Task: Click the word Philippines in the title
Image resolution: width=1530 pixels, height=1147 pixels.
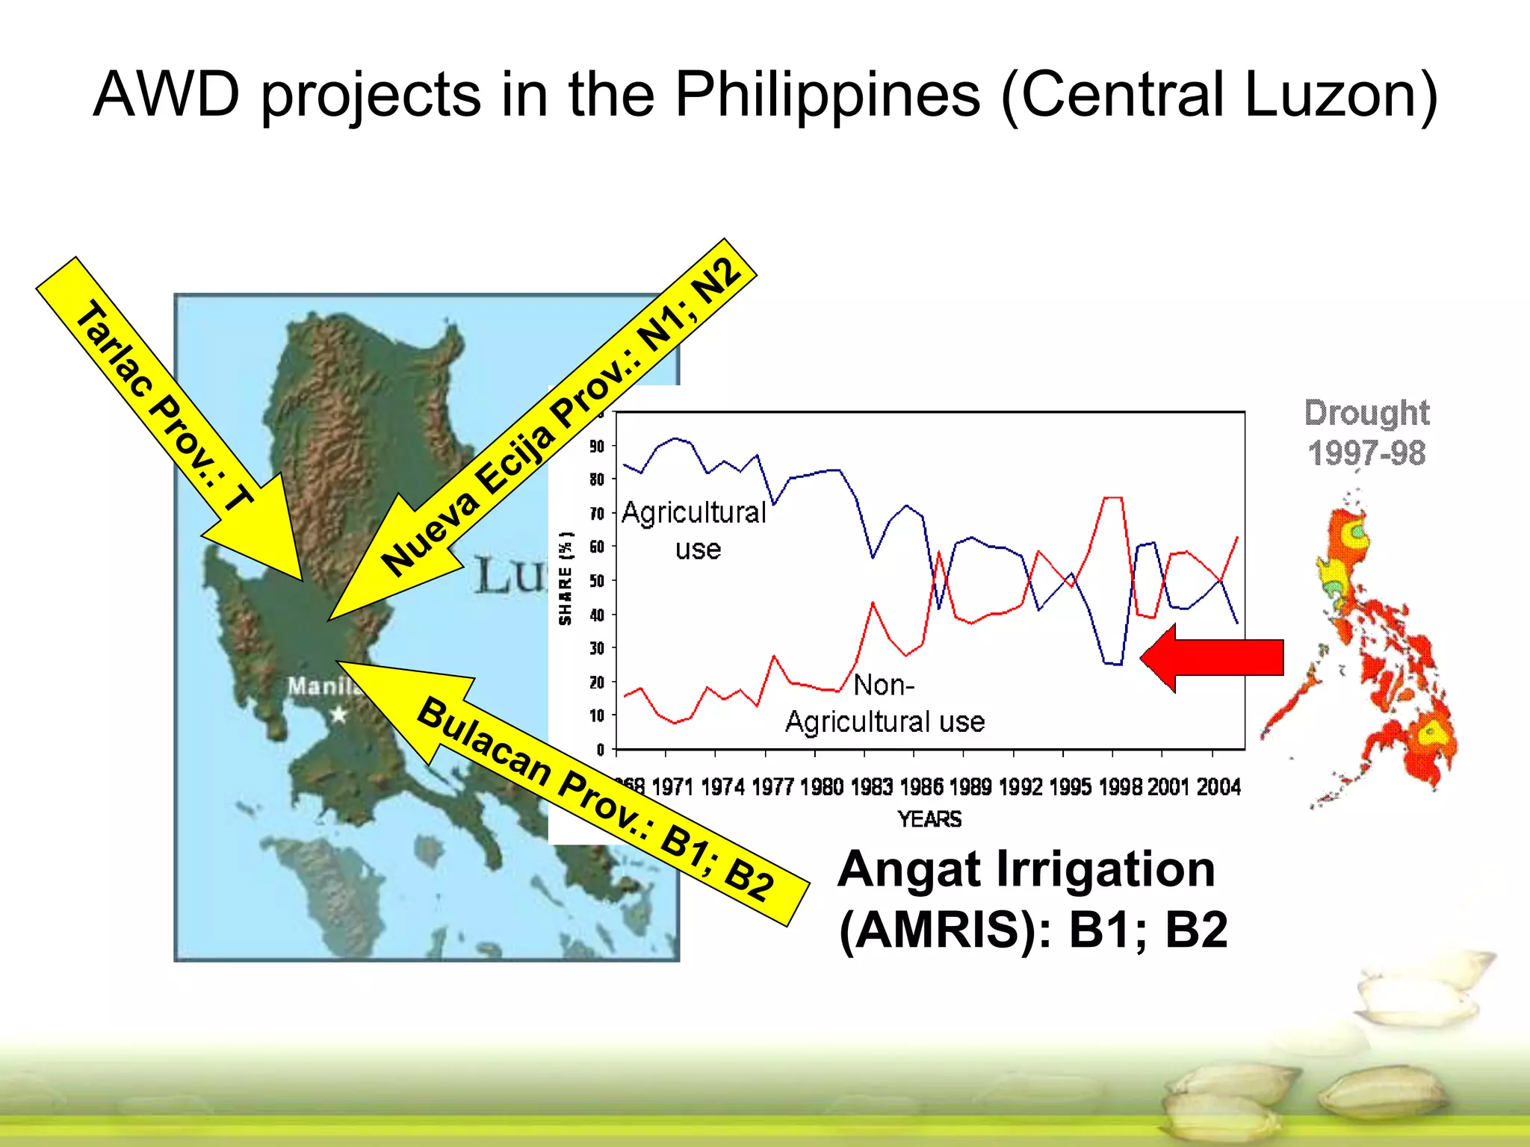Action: point(827,96)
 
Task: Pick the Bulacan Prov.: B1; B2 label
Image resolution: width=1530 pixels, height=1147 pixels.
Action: point(595,799)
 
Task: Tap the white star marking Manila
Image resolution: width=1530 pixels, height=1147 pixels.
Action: point(339,715)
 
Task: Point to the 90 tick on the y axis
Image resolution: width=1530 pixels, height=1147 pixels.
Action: point(597,447)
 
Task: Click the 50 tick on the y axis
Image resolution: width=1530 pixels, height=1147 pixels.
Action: point(597,581)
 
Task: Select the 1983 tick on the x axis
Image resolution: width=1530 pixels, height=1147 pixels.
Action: point(872,787)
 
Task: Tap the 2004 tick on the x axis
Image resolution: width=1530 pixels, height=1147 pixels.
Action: point(1218,787)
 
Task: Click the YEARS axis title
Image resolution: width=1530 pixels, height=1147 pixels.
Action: point(929,820)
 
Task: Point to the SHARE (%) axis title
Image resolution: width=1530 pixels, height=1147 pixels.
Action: point(566,579)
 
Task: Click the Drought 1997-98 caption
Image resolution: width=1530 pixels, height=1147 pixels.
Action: point(1366,433)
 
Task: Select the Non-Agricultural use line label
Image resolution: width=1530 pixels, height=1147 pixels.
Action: point(885,703)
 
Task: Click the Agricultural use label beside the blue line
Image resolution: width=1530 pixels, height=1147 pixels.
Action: point(695,530)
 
